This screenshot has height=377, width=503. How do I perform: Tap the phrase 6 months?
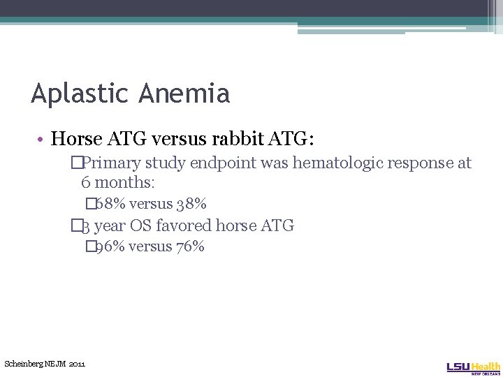(x=116, y=183)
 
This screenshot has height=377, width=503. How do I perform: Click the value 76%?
(x=189, y=246)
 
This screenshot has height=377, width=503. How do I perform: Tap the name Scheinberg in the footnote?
(x=24, y=364)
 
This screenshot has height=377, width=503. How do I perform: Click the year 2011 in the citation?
(x=77, y=364)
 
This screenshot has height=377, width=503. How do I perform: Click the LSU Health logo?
(x=473, y=367)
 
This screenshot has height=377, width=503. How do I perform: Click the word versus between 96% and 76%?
(x=150, y=246)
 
